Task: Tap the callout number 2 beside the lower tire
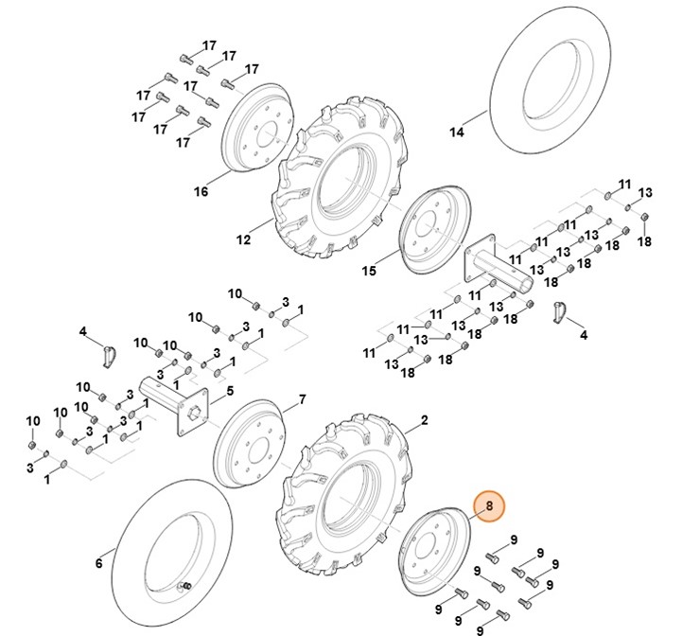pyautogui.click(x=425, y=419)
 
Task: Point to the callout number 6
pyautogui.click(x=98, y=564)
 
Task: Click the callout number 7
pyautogui.click(x=302, y=399)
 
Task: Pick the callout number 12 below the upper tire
pyautogui.click(x=243, y=240)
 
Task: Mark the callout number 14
pyautogui.click(x=457, y=132)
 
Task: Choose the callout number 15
pyautogui.click(x=369, y=271)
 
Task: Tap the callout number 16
pyautogui.click(x=201, y=192)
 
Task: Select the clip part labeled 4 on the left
pyautogui.click(x=110, y=357)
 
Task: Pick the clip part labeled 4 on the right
pyautogui.click(x=558, y=310)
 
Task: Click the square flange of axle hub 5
pyautogui.click(x=191, y=415)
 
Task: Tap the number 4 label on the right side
pyautogui.click(x=583, y=335)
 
